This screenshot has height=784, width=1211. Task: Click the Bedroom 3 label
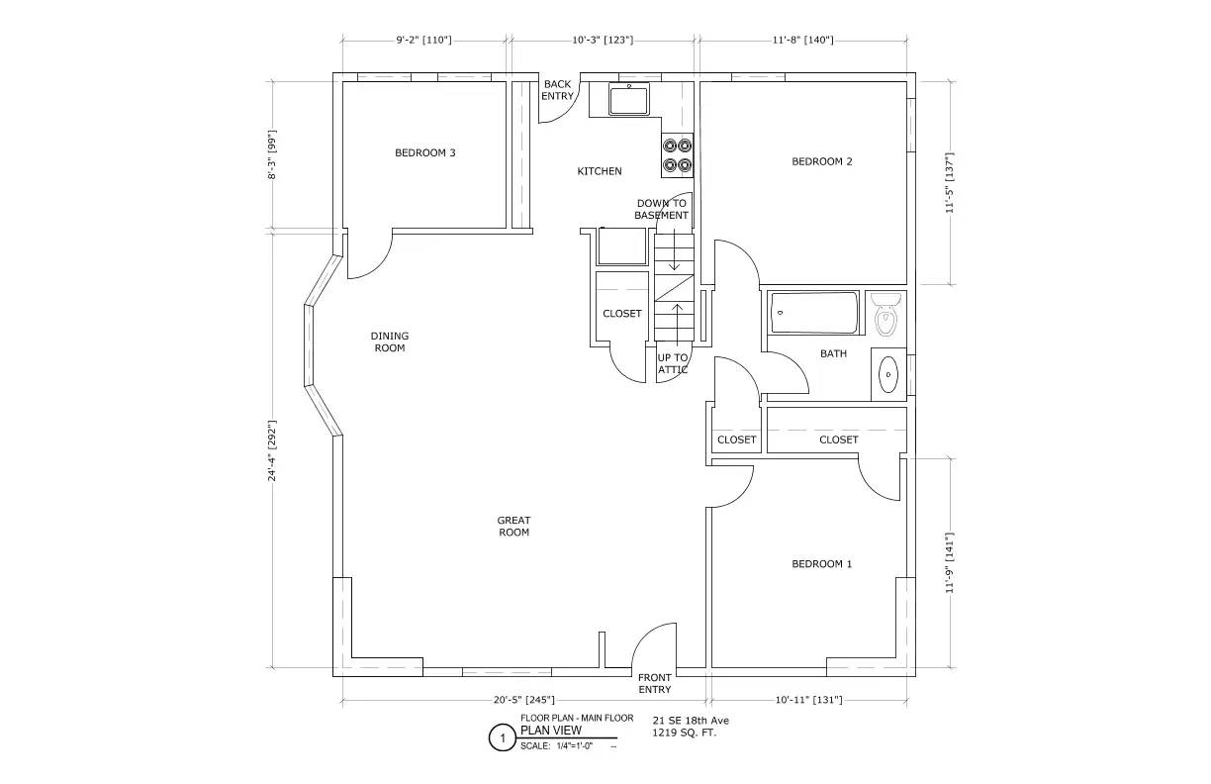pos(424,152)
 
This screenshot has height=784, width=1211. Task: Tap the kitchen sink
pos(628,100)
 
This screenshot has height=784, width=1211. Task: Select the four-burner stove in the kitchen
pos(678,154)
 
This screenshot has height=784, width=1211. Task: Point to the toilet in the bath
pos(887,315)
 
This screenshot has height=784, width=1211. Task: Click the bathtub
pos(814,313)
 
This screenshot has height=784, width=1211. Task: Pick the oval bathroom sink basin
pos(888,374)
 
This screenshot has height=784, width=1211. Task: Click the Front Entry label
pos(655,683)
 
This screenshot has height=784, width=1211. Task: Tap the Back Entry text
pos(557,90)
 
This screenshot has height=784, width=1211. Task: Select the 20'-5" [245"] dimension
pos(523,700)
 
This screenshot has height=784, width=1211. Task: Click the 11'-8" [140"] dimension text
pos(802,40)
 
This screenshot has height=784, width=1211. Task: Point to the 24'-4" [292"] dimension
pos(272,450)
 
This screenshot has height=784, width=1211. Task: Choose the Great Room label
pos(513,526)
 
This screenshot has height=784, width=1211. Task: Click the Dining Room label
pos(389,342)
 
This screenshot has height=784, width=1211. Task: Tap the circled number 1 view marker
pos(503,738)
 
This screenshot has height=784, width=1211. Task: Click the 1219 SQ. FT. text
pos(684,734)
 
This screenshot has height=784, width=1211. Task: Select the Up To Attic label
pos(673,363)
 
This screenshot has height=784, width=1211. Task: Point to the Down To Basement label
pos(661,209)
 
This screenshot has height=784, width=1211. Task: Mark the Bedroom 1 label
pos(822,564)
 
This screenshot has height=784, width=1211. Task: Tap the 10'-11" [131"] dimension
pos(808,700)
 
